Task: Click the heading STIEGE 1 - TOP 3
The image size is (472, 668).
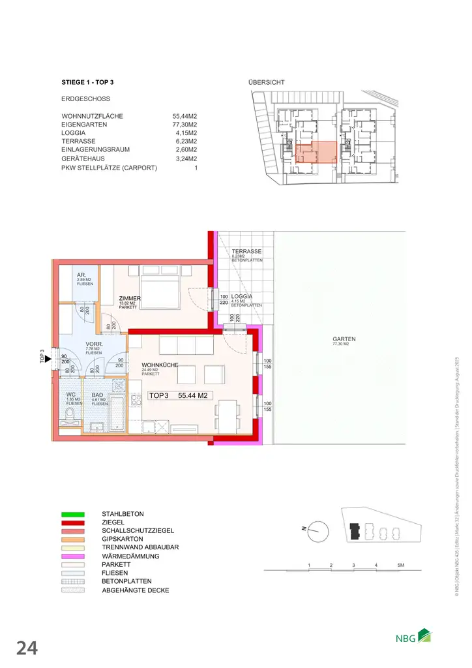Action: click(x=92, y=83)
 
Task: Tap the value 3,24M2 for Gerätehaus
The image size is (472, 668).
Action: click(x=185, y=158)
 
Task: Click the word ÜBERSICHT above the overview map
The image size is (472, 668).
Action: click(x=266, y=83)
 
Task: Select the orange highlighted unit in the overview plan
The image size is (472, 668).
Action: click(x=317, y=151)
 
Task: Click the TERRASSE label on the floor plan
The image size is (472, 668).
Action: click(x=247, y=252)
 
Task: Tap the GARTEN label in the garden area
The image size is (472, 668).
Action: click(x=344, y=339)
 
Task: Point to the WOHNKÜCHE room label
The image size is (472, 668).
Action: click(x=156, y=365)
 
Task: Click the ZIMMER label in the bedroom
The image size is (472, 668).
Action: click(x=130, y=299)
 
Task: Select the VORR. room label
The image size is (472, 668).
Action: click(x=94, y=344)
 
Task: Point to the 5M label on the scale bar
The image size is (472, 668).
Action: click(x=400, y=564)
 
